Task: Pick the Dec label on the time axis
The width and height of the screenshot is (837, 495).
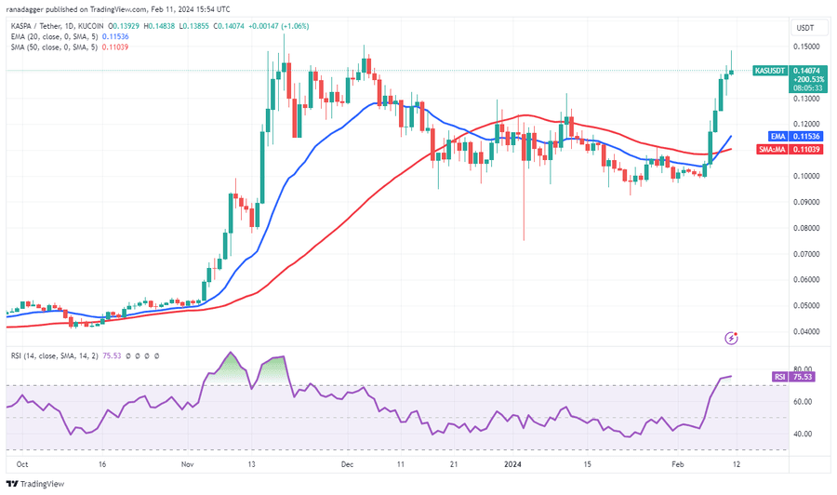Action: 347,462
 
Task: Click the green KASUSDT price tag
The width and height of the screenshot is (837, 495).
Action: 771,71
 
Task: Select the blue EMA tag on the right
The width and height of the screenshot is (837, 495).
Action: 761,136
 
